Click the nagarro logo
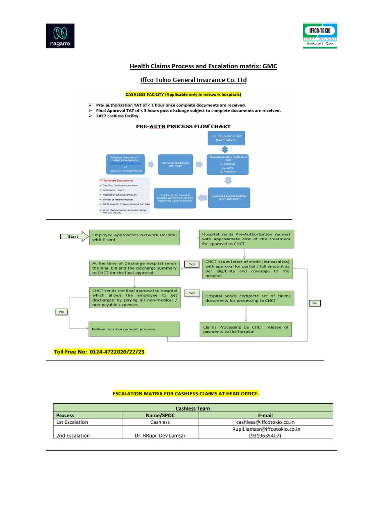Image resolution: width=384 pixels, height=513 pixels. [x=60, y=36]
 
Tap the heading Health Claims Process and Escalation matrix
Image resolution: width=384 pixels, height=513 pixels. [x=203, y=66]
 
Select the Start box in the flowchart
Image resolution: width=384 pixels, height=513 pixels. [x=73, y=236]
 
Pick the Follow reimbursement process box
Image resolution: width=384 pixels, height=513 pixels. [x=134, y=329]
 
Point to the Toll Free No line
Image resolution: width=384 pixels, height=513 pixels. [x=99, y=352]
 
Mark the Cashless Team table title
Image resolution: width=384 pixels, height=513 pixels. [x=192, y=408]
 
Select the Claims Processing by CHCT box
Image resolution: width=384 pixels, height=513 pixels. [x=246, y=329]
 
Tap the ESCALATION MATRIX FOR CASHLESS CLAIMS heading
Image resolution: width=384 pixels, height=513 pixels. [x=192, y=394]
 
